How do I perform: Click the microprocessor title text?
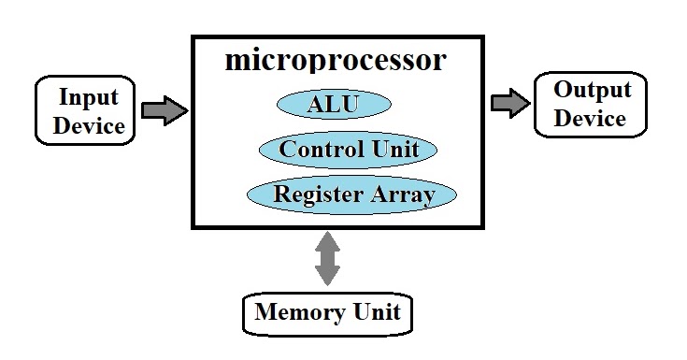(336, 62)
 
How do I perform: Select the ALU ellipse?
(333, 104)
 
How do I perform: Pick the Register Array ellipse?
(351, 194)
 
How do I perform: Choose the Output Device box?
(591, 104)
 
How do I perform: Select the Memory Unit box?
(327, 312)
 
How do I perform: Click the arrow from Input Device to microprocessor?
(165, 110)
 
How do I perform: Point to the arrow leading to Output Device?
(509, 103)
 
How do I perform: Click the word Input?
(89, 97)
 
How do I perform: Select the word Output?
(592, 90)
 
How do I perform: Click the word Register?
(317, 194)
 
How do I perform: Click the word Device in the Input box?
(89, 125)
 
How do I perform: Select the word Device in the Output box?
(591, 119)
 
